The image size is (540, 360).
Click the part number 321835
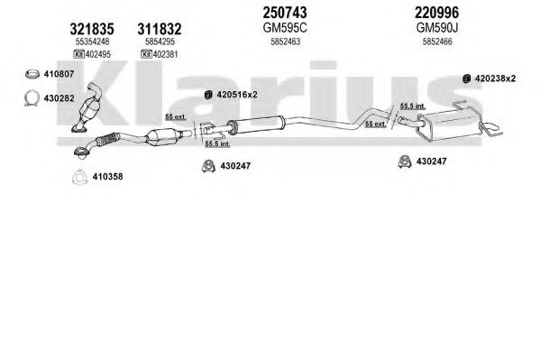92,29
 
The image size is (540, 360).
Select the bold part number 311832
160,29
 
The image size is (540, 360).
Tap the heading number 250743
285,13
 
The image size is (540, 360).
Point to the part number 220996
436,13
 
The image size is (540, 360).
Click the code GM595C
285,28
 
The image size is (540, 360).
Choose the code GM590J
437,28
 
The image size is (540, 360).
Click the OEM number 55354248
92,42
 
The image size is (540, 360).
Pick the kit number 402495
97,54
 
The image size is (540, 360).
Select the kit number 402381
165,54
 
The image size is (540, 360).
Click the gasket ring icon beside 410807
32,74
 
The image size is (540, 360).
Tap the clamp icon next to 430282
32,98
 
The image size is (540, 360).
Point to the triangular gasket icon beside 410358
79,177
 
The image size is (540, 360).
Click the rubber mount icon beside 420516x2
208,95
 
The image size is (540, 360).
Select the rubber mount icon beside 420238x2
466,78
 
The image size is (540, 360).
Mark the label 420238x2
495,78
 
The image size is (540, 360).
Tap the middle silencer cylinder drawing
256,125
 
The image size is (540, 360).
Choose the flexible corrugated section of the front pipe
107,139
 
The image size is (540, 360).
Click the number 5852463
285,42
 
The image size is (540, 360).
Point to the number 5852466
437,42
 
